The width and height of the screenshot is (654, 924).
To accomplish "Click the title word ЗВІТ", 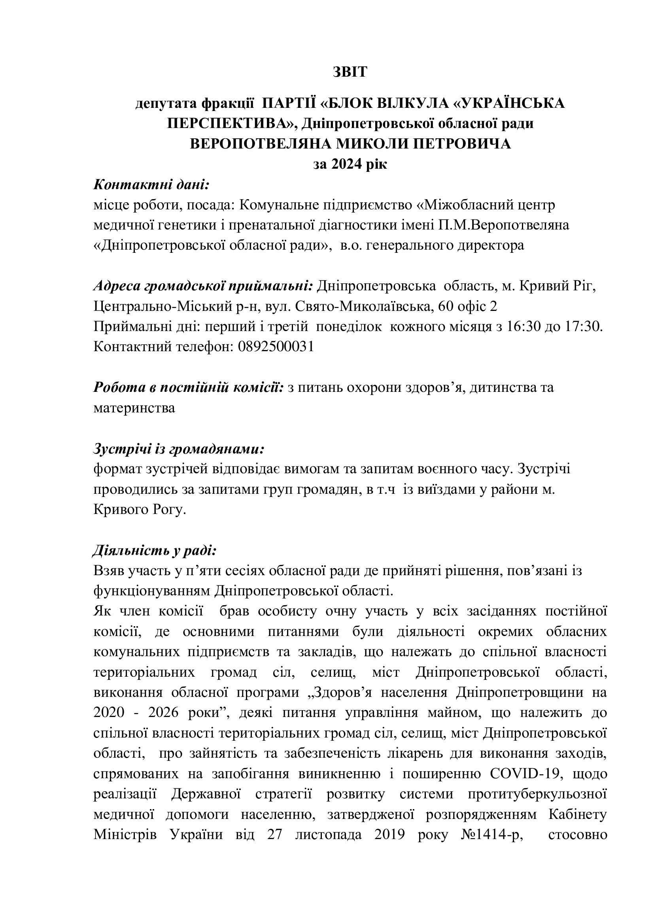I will (x=350, y=72).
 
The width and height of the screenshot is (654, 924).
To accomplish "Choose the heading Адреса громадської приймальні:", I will (x=203, y=286).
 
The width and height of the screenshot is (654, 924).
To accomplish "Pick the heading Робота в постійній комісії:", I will (x=189, y=388).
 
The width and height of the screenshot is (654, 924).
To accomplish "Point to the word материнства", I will (x=134, y=408).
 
